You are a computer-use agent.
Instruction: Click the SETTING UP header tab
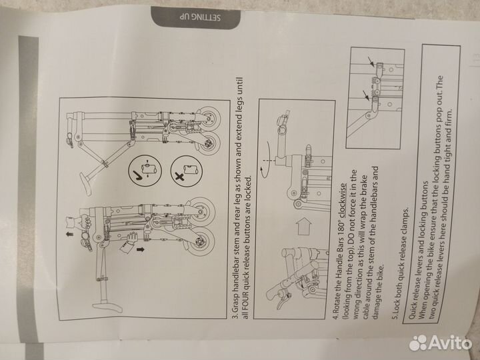pos(195,17)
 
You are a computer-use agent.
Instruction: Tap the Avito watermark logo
pos(440,343)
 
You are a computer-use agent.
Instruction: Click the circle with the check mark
pos(145,170)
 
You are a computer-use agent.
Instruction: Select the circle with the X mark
pos(187,171)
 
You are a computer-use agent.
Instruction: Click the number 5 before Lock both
pos(395,315)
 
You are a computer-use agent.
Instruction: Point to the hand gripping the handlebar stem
pos(83,224)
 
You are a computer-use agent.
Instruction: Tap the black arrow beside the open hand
pos(140,249)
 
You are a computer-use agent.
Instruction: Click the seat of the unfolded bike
pos(107,305)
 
